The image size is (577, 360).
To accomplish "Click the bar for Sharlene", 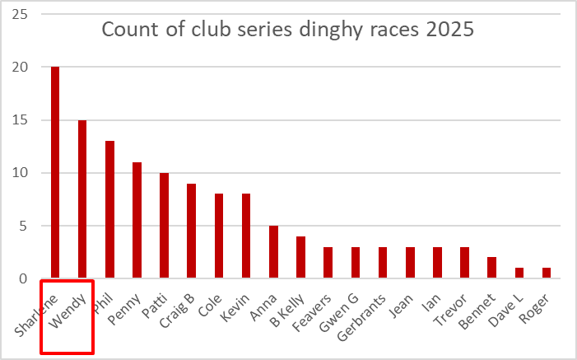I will tap(55, 173).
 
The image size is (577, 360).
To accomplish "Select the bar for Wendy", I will tap(82, 199).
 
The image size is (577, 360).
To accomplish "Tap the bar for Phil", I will tap(109, 210).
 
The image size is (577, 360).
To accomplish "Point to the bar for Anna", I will tap(273, 252).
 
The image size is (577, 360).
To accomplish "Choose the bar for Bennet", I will tap(491, 268).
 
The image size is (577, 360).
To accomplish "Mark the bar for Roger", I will tap(547, 274).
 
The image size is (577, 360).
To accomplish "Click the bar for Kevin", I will tap(246, 236).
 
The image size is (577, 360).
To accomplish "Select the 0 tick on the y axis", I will tap(23, 278).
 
